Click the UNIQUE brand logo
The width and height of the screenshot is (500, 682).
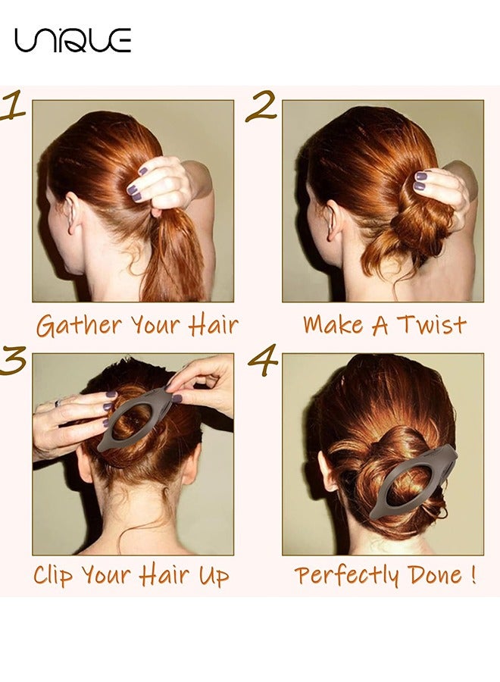pyautogui.click(x=73, y=40)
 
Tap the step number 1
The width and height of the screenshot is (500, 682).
pyautogui.click(x=12, y=105)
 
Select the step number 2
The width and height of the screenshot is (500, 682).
pyautogui.click(x=261, y=105)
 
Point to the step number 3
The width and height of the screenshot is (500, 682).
pyautogui.click(x=12, y=360)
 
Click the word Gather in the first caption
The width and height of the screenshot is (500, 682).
pyautogui.click(x=79, y=326)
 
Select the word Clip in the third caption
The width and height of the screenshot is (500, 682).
pyautogui.click(x=53, y=575)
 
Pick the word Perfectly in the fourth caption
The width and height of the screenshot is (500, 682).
pyautogui.click(x=346, y=575)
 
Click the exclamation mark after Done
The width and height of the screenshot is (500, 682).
pyautogui.click(x=473, y=574)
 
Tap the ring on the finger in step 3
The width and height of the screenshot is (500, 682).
pyautogui.click(x=58, y=403)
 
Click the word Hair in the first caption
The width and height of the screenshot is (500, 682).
pyautogui.click(x=214, y=325)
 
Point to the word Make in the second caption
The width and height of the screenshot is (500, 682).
pyautogui.click(x=333, y=324)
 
